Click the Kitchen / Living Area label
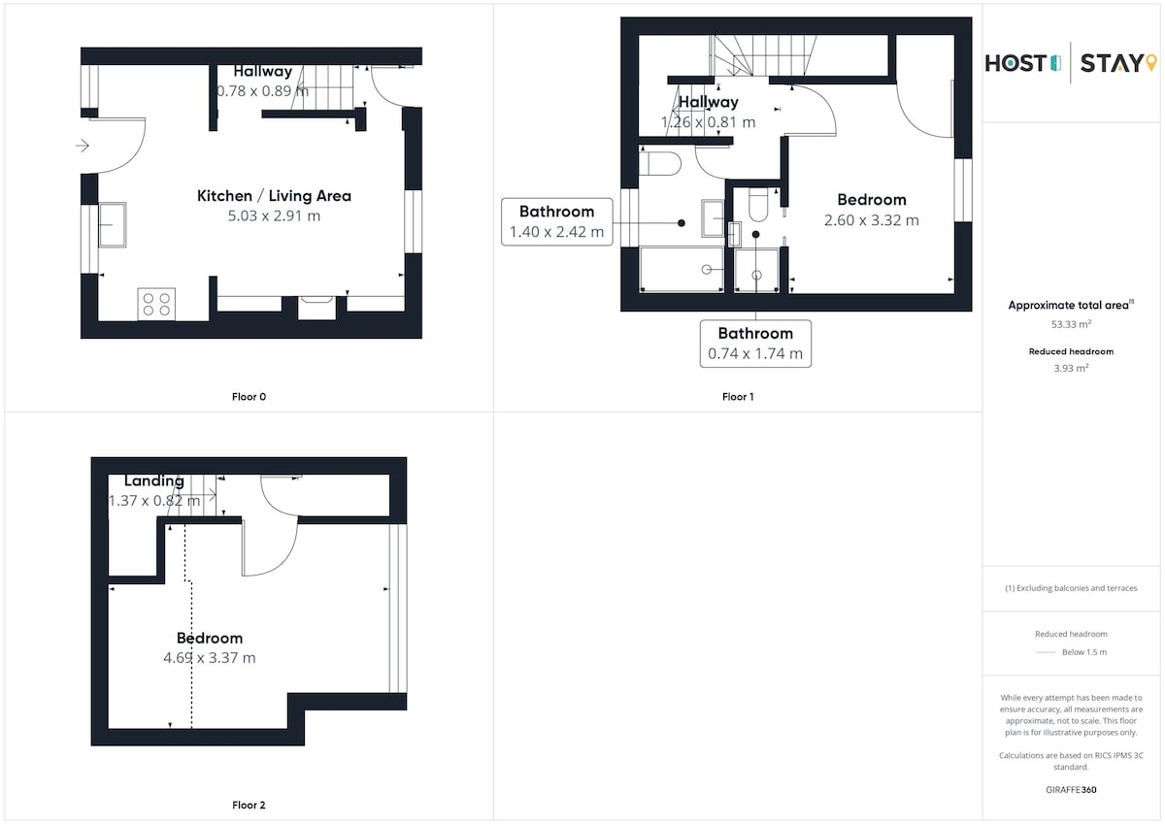click(274, 196)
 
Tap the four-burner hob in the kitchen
click(156, 304)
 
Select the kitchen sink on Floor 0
click(113, 224)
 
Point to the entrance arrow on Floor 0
click(83, 146)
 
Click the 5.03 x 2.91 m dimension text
click(274, 215)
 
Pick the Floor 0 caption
click(249, 397)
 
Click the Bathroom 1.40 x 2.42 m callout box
click(557, 221)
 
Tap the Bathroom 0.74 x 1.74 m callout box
click(755, 344)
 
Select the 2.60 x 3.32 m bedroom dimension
click(872, 220)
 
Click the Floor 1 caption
click(738, 397)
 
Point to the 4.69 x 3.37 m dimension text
click(210, 658)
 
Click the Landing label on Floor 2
click(154, 480)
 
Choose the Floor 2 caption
click(249, 805)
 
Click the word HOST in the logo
click(1015, 64)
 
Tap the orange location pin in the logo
click(1151, 62)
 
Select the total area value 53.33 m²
click(1071, 324)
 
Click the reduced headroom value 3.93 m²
click(1071, 368)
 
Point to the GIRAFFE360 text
click(1071, 790)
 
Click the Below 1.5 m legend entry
click(1084, 652)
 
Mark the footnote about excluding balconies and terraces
click(1071, 588)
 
